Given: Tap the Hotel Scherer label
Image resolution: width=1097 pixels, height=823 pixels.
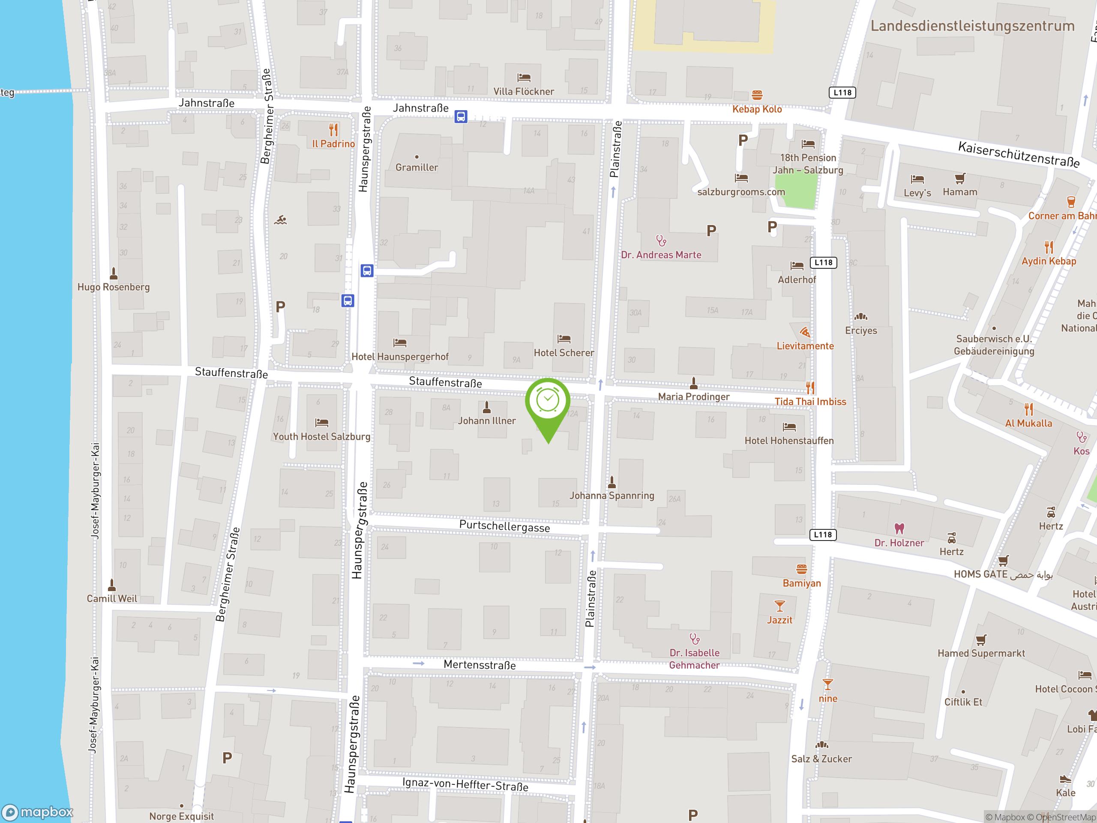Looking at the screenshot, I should click(x=563, y=353).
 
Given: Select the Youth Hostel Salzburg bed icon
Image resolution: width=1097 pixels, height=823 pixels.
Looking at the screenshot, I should click(x=321, y=423).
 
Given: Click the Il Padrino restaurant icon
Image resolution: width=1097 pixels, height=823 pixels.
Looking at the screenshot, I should click(x=333, y=130).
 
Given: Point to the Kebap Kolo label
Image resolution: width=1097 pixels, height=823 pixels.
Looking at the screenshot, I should click(x=757, y=109).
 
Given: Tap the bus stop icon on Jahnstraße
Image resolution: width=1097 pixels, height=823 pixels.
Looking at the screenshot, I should click(x=461, y=117).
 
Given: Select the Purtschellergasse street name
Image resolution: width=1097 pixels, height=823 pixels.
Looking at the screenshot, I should click(x=504, y=526).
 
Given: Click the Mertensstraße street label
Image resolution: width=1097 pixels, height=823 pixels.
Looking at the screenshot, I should click(x=480, y=665).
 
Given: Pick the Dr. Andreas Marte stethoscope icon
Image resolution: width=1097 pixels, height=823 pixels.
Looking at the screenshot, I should click(x=661, y=241).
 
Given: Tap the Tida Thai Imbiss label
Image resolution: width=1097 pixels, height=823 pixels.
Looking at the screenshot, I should click(x=810, y=401).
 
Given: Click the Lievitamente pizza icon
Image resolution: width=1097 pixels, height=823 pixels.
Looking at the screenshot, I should click(x=805, y=332).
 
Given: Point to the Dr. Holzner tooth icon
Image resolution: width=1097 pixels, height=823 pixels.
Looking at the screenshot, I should click(x=899, y=529).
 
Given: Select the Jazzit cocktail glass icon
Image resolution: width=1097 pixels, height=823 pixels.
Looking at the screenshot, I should click(x=779, y=606).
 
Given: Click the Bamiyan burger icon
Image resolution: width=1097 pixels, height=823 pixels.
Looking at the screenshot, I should click(x=801, y=569).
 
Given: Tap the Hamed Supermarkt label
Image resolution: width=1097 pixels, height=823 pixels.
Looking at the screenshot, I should click(x=981, y=653).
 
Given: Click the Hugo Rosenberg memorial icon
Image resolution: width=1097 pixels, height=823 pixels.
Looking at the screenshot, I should click(x=114, y=273).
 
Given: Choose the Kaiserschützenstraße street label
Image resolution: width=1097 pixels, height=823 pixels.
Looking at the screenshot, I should click(x=1019, y=154).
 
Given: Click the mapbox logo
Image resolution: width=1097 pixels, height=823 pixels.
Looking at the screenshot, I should click(x=38, y=812).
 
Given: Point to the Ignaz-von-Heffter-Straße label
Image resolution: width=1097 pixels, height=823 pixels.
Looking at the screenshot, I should click(x=465, y=784).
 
